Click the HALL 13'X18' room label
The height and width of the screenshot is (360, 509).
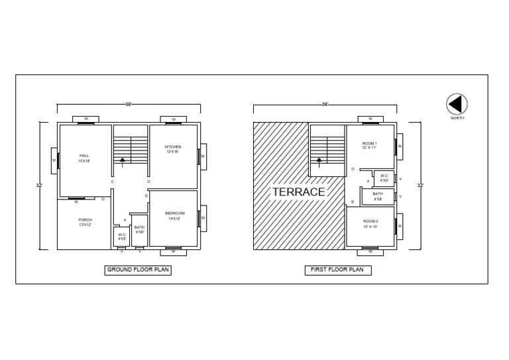[84, 158]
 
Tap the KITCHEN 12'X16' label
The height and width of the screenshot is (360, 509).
[173, 149]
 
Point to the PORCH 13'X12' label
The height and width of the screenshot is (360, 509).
[85, 223]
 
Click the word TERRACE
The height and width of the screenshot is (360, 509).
[299, 192]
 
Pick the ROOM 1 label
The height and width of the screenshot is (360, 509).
[369, 146]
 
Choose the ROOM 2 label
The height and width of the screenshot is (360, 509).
[370, 223]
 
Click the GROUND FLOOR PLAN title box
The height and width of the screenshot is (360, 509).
[139, 270]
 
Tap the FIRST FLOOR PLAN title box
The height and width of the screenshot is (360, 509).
[338, 270]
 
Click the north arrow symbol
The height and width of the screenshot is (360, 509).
[457, 104]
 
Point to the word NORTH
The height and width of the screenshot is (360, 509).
[457, 118]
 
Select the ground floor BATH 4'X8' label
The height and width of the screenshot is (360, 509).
[140, 229]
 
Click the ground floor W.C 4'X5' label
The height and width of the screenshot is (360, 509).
[122, 236]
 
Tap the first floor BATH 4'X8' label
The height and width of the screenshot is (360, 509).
[378, 196]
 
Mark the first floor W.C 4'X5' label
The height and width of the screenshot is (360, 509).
[384, 178]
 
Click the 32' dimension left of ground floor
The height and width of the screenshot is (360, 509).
[39, 185]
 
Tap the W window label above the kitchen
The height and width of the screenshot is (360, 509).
[173, 120]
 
